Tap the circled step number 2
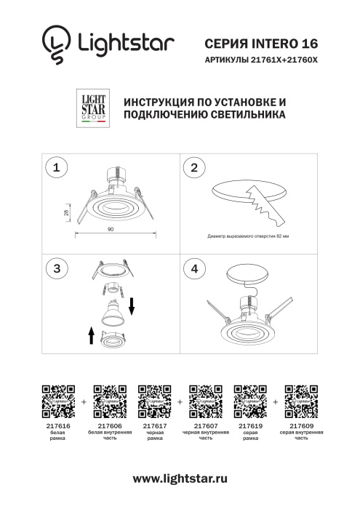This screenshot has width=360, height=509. [x=193, y=168]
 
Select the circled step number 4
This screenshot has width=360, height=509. [x=193, y=268]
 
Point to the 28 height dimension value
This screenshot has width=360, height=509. [x=65, y=212]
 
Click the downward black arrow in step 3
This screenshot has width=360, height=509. [x=132, y=305]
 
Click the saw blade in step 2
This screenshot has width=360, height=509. [x=262, y=204]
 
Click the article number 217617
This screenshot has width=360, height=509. [x=155, y=426]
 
